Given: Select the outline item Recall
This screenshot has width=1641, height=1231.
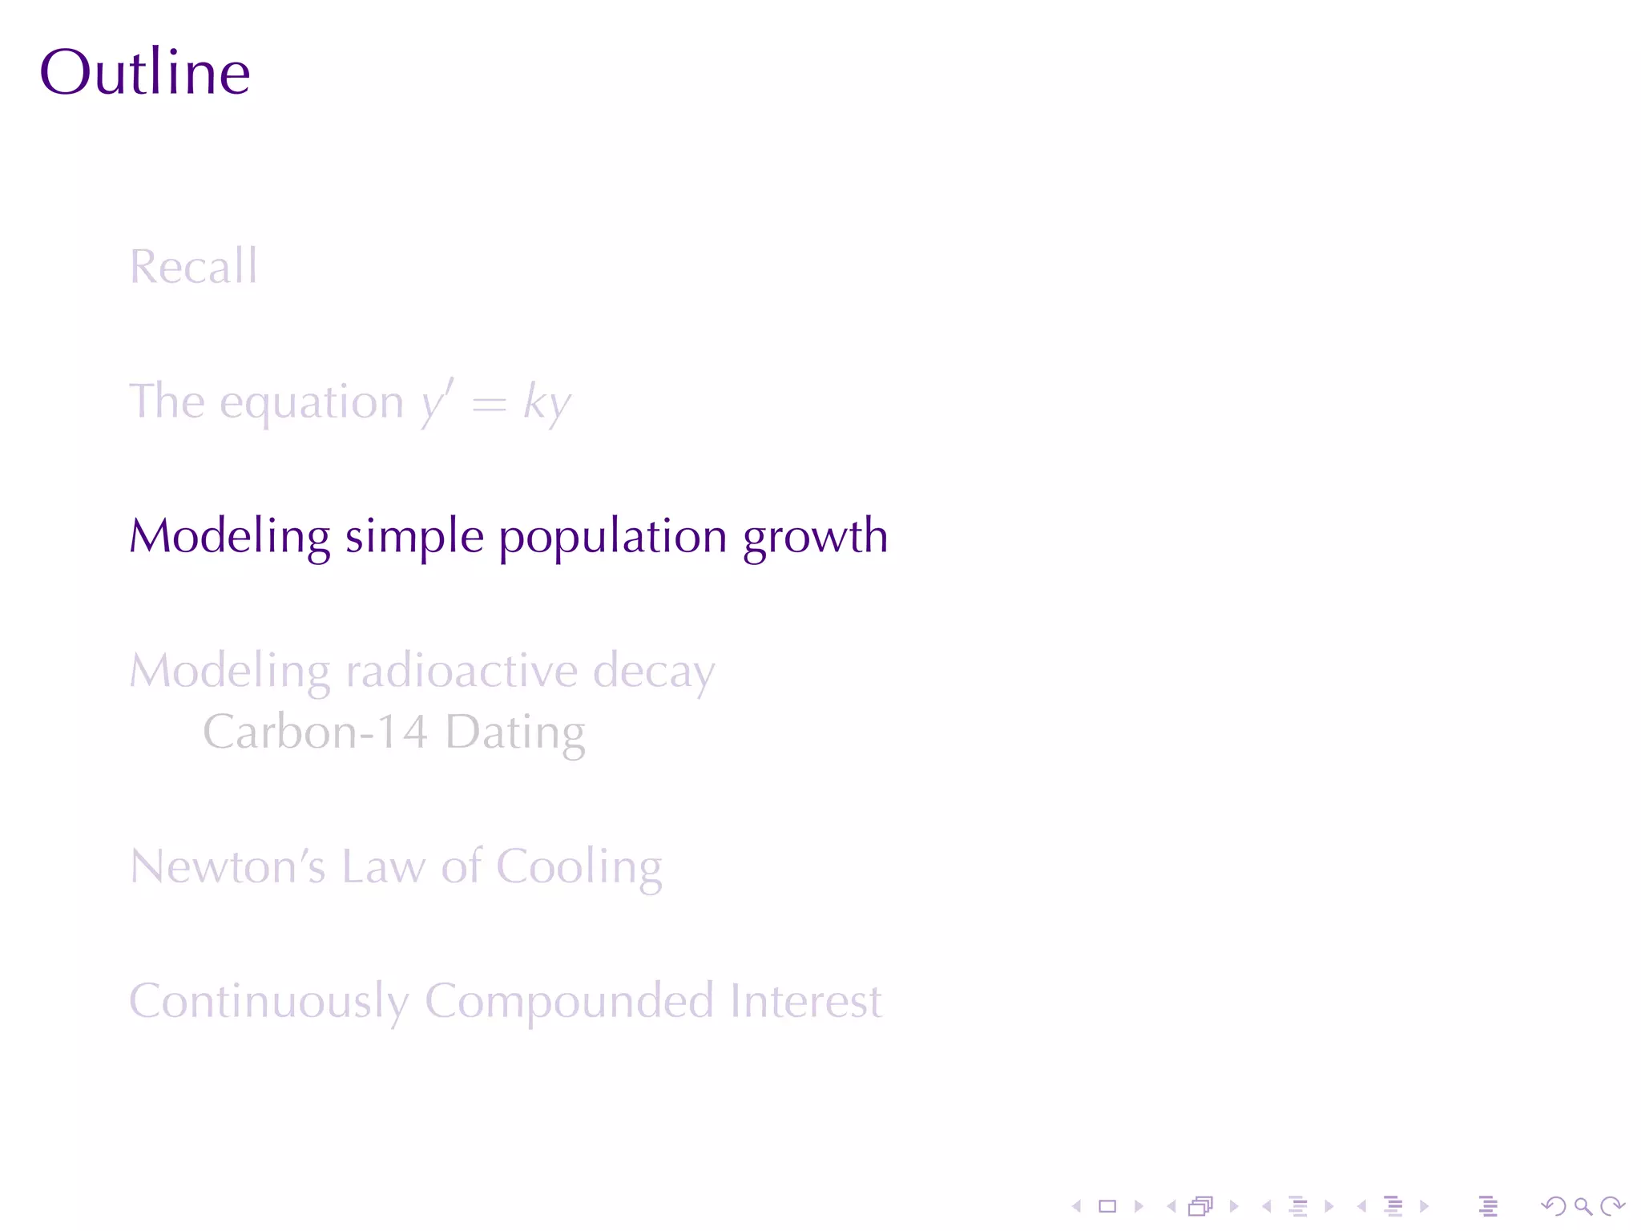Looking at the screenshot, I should (x=194, y=266).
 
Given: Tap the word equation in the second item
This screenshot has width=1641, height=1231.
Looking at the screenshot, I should (x=312, y=402).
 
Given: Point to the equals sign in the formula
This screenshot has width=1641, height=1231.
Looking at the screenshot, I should (x=489, y=404).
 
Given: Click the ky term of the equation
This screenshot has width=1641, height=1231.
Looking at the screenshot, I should (x=546, y=402).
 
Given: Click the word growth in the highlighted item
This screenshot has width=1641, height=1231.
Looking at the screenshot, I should (x=815, y=537).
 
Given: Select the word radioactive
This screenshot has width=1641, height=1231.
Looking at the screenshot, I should (x=462, y=672).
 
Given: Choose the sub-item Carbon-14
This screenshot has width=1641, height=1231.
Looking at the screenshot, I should (x=315, y=733).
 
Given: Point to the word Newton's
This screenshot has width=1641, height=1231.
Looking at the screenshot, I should (x=228, y=867).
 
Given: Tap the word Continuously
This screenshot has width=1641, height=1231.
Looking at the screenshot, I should (x=269, y=1003).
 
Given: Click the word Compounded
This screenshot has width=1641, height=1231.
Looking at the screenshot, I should (x=569, y=1003).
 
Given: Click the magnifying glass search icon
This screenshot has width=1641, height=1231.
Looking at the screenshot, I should (x=1583, y=1206).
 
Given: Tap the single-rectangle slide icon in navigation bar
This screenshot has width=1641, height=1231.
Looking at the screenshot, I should (x=1107, y=1206).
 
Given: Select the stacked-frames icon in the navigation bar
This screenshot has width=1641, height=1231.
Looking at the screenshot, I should (x=1200, y=1206).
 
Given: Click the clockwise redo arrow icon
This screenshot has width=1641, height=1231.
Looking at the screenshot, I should (x=1612, y=1206).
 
